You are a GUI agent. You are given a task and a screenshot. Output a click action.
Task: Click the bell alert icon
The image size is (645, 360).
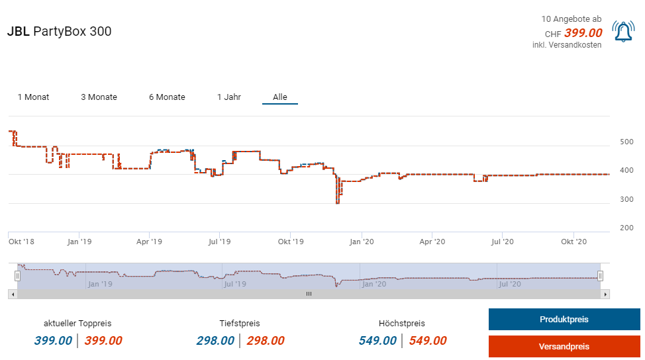click(623, 32)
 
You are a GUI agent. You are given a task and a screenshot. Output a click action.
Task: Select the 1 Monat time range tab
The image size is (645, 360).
click(33, 97)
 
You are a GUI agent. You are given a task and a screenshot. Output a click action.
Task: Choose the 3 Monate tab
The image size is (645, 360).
click(99, 97)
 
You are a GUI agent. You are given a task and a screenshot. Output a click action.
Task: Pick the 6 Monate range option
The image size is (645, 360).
click(167, 97)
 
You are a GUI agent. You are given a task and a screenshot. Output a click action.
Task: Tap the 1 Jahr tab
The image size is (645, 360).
click(229, 97)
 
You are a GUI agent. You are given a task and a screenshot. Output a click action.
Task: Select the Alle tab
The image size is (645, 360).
click(280, 97)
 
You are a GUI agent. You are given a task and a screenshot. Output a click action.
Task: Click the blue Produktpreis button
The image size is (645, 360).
click(564, 320)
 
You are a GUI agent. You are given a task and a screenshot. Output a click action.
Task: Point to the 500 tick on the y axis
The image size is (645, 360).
click(626, 142)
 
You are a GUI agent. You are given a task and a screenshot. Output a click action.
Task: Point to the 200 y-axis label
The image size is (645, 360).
click(626, 228)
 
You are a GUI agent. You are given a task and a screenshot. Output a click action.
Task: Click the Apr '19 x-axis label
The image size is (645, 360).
click(149, 242)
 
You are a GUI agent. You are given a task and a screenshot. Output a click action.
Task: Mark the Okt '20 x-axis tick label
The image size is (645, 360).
click(574, 242)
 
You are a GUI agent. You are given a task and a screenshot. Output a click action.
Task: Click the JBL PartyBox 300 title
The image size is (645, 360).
click(60, 32)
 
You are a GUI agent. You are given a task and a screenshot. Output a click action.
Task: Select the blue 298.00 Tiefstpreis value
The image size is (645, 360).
click(215, 341)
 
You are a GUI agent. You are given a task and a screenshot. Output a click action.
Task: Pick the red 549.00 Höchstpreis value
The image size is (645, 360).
click(428, 341)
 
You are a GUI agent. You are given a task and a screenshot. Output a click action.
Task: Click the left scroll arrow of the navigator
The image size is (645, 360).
click(12, 294)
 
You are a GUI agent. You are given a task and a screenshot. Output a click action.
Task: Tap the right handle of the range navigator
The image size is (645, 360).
click(600, 276)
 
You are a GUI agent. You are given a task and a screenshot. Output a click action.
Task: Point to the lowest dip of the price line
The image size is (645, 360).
click(338, 202)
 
